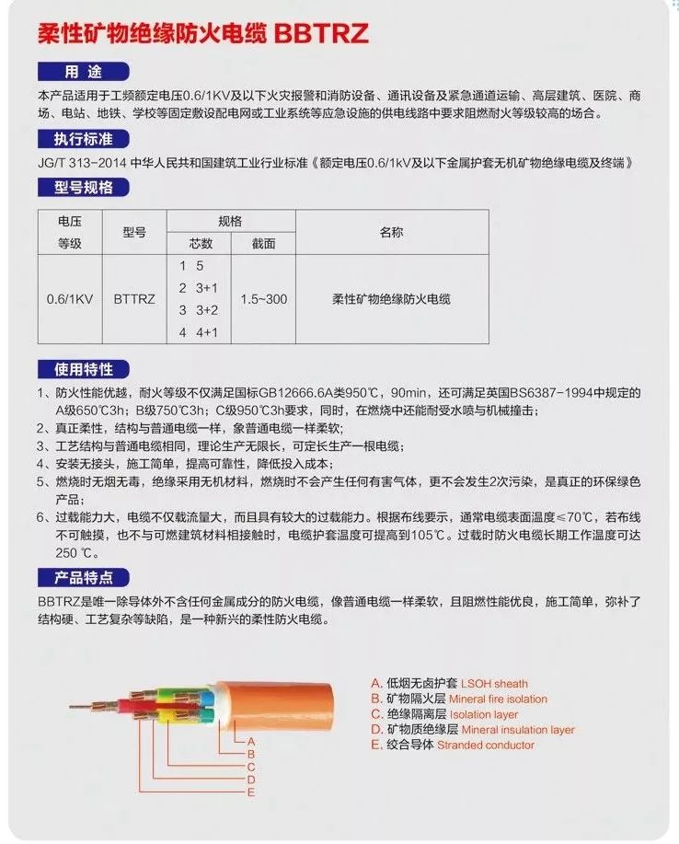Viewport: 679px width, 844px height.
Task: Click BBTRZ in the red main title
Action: tap(320, 34)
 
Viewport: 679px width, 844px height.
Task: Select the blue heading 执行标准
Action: tap(88, 140)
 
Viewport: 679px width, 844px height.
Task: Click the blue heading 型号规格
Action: tap(88, 188)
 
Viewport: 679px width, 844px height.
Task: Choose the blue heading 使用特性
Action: tap(88, 369)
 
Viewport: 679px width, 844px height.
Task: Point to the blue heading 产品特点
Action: tap(88, 578)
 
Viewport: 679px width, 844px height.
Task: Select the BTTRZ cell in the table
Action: tap(133, 299)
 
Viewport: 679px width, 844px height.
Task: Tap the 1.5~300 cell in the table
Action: tap(263, 299)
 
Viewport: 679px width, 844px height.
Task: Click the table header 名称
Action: tap(391, 232)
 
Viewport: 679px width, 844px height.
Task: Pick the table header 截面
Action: tap(263, 244)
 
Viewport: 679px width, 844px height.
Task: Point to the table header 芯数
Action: tap(201, 244)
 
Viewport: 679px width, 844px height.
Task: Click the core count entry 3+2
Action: tap(203, 309)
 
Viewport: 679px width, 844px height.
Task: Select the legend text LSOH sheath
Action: tap(494, 684)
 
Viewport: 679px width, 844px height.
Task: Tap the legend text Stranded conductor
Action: tap(485, 745)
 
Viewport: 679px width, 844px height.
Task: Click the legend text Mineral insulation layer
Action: tap(517, 730)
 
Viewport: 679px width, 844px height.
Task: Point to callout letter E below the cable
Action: tap(251, 792)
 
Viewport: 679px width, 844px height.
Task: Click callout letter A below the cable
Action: tap(251, 740)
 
